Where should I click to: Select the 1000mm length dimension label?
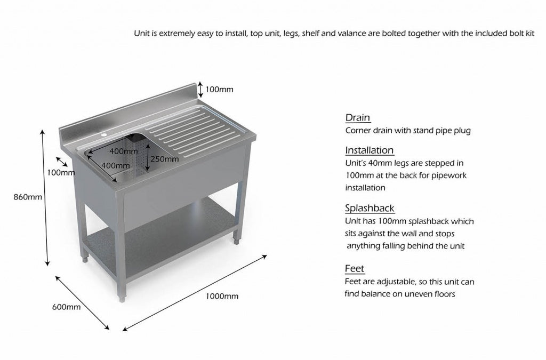coord(221,296)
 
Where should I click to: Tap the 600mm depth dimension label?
coord(66,307)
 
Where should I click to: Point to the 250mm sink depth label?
coord(164,158)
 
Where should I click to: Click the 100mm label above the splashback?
coord(220,90)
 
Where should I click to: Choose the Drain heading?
coord(358,118)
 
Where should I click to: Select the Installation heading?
coord(370,150)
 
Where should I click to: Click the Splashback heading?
coord(370,209)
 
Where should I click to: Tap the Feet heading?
coord(355,269)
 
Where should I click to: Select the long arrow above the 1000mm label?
coord(195,293)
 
